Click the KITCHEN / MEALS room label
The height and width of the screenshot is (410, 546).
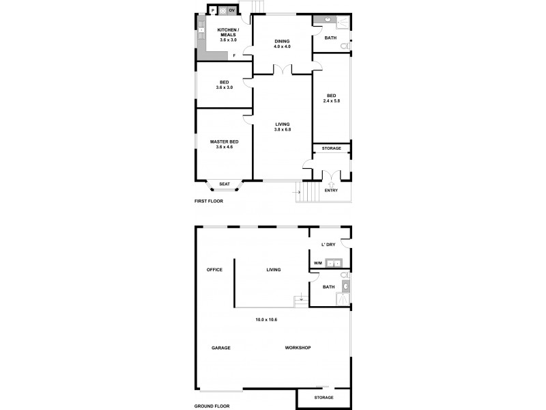point(228,35)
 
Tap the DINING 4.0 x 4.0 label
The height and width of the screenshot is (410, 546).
point(282,44)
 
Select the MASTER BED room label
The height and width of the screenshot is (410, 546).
point(224,143)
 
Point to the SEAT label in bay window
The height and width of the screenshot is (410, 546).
point(224,184)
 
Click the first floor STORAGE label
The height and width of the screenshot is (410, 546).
point(332,148)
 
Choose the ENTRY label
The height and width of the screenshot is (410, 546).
point(331,191)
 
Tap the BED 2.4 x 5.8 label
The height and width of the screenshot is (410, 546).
point(332,98)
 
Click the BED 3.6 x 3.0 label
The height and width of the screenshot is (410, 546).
point(224,85)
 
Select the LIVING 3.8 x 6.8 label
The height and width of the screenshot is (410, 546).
point(282,127)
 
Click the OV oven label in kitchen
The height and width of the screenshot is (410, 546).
point(231,10)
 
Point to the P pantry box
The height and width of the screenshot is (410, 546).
point(213,10)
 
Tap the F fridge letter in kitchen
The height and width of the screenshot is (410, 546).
point(234,55)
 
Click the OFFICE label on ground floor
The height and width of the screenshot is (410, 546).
point(215,270)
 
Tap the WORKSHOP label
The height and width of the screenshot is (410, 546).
point(298,348)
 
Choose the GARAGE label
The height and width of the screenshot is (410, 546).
point(220,348)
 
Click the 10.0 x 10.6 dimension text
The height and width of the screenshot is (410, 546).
point(266,319)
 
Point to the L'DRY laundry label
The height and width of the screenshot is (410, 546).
point(328,245)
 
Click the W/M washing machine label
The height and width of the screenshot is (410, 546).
point(317,263)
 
